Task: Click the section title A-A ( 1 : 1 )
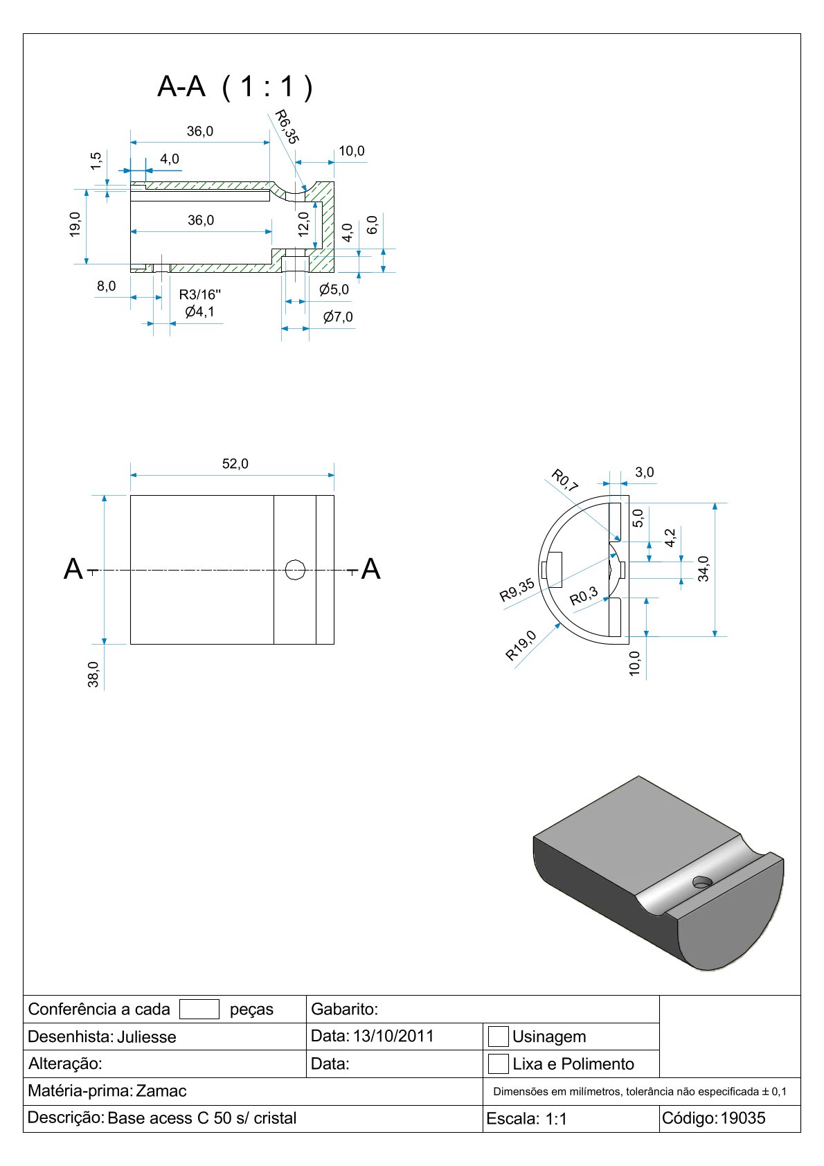tap(235, 87)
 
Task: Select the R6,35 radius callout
tap(286, 127)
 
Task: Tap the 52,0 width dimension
tap(235, 464)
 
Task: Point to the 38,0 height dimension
tap(93, 674)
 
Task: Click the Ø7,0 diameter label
tap(338, 317)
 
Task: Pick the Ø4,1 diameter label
tap(199, 312)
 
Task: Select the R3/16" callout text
tap(199, 295)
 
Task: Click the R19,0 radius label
tap(521, 645)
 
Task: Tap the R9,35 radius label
tap(517, 590)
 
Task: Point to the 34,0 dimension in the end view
tap(704, 568)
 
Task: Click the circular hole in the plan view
tap(296, 570)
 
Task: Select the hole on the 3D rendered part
tap(702, 882)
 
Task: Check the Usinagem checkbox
tap(498, 1037)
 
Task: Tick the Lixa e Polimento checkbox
tap(498, 1064)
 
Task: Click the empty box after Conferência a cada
tap(199, 1010)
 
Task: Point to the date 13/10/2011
tap(393, 1037)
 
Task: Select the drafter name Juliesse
tap(146, 1037)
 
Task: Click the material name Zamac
tap(161, 1091)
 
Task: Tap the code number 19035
tap(743, 1118)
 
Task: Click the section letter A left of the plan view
tap(73, 569)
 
